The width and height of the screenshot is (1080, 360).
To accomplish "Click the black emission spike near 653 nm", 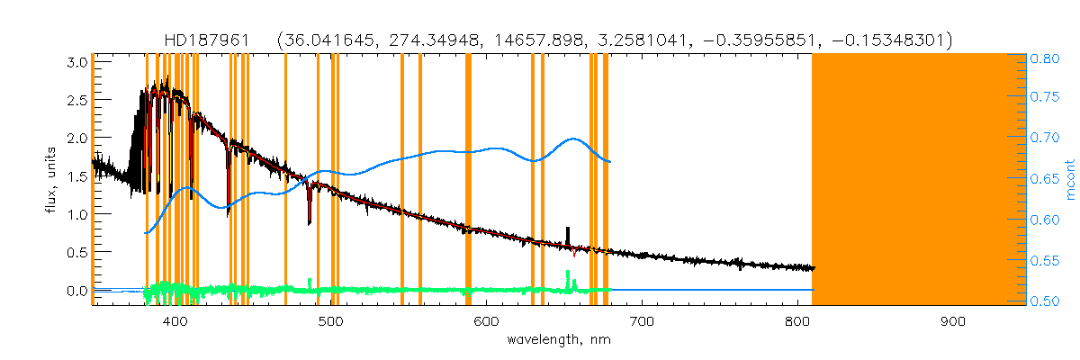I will click(568, 234).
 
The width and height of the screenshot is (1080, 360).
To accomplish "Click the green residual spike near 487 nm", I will click(310, 283).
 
